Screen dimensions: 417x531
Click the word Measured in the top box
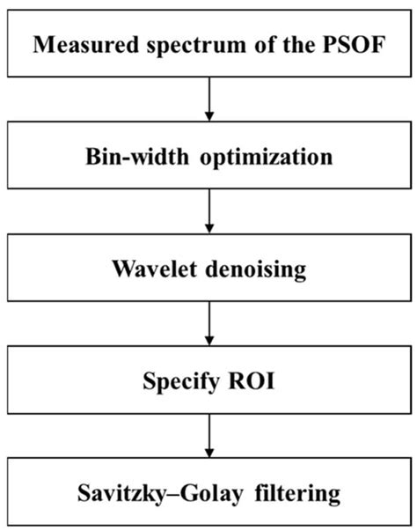86,44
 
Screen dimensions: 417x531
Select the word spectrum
196,46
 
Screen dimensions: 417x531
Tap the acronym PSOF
354,44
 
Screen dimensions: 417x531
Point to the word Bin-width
137,157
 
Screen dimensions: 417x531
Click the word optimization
267,159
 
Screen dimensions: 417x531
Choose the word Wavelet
154,269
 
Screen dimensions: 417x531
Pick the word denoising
256,270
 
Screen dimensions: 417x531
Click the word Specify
181,382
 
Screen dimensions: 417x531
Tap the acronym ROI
252,380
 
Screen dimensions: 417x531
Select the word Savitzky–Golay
160,494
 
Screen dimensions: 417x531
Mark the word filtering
297,494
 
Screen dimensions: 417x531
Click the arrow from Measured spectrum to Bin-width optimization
209,99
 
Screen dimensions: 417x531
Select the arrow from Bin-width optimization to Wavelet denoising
209,211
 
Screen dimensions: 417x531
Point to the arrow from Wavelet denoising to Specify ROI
209,323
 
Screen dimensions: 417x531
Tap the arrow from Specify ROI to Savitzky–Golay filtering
209,436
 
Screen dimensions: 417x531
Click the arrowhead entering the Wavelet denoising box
209,228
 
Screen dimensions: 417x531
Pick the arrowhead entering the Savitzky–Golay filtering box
209,453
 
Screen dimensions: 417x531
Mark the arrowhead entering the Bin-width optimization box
209,116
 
